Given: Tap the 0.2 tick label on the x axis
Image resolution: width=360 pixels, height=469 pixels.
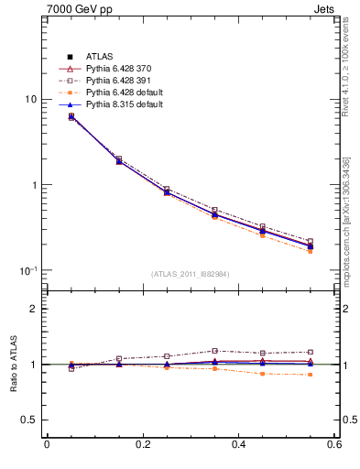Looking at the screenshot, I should tap(142, 445).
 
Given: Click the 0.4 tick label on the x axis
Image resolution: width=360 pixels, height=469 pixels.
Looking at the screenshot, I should tap(239, 445).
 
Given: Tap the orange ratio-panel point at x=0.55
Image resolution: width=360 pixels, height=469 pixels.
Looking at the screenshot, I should tap(310, 375).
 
